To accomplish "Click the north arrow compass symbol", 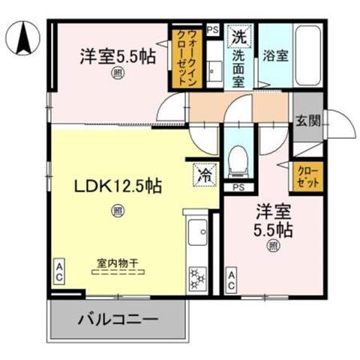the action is (x=23, y=38).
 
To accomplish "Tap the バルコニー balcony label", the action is (x=118, y=319).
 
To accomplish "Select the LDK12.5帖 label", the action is (x=118, y=186).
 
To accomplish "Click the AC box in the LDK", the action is (x=59, y=271).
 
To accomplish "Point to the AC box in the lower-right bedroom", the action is (x=231, y=280).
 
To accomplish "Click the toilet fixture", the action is (x=238, y=161).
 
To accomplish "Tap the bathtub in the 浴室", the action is (x=308, y=55).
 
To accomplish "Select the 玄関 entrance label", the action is (x=308, y=121).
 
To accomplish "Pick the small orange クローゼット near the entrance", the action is (x=308, y=177).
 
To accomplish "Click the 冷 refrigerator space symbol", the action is (x=205, y=175).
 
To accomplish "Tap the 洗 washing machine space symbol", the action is (x=239, y=37).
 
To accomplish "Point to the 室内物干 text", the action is (x=118, y=263).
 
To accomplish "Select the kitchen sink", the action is (x=197, y=232).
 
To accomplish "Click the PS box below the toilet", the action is (x=238, y=187).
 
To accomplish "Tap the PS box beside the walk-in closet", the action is (x=213, y=30).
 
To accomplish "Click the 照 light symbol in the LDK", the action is (x=118, y=211).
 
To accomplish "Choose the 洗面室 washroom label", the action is (x=238, y=69).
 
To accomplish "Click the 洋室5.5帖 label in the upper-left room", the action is (x=118, y=56).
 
